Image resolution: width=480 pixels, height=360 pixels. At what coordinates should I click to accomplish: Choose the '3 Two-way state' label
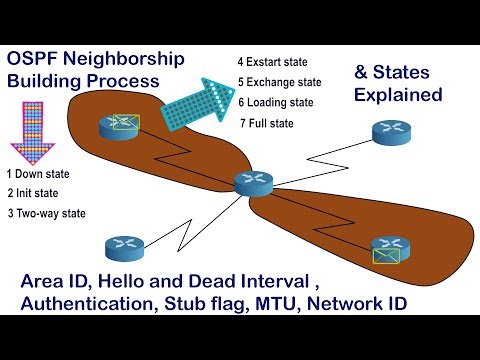pos(46,212)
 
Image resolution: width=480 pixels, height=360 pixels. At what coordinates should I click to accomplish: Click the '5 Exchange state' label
pos(281,82)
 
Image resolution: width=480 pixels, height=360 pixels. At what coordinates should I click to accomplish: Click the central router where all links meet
pos(251,183)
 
